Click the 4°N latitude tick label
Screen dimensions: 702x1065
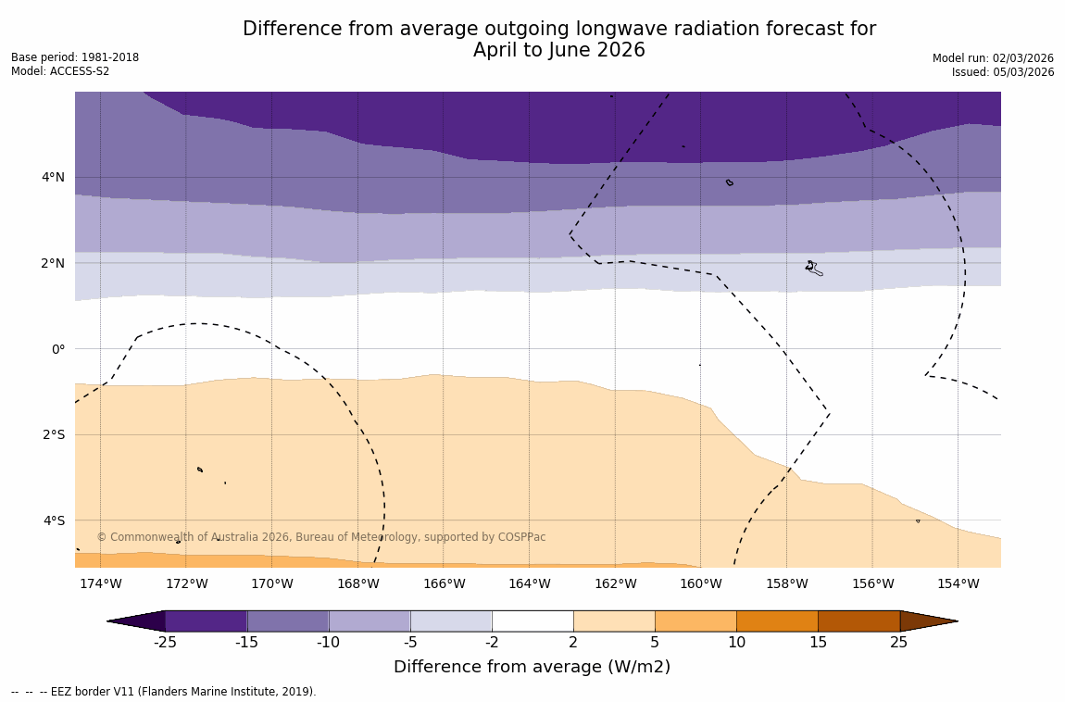coord(53,177)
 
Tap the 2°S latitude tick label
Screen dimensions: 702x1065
coord(53,434)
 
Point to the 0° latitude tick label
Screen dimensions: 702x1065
coord(57,349)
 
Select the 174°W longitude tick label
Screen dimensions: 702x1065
coord(100,583)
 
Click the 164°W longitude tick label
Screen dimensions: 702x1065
coord(529,583)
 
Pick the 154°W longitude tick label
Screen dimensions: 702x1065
coord(958,583)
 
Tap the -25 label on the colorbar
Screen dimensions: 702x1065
coord(165,643)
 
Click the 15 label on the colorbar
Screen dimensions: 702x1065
coord(818,643)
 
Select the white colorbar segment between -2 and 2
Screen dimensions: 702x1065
coord(532,621)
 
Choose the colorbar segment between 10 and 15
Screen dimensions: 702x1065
coord(777,621)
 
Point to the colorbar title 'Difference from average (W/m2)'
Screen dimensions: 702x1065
coord(532,667)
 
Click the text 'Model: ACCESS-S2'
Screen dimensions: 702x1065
coord(60,71)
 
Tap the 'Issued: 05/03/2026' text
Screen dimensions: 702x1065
coord(1003,72)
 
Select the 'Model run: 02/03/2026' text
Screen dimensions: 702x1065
coord(993,57)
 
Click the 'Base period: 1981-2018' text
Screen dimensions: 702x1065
coord(75,57)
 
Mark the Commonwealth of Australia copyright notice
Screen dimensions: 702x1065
coord(321,537)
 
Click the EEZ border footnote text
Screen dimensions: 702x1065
coord(164,692)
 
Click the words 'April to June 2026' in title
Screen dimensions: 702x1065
coord(558,50)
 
